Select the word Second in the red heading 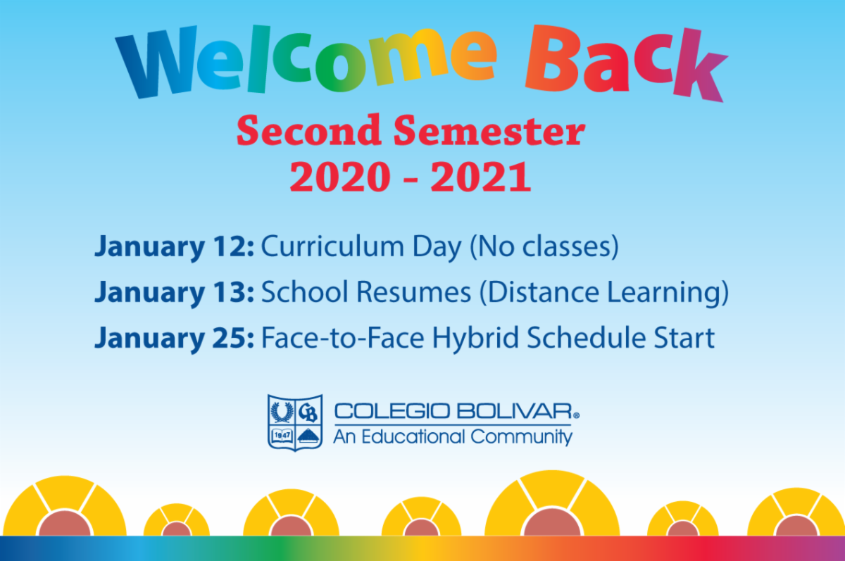tap(309, 130)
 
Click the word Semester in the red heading tap(489, 130)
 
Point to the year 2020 tap(340, 177)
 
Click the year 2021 tap(481, 177)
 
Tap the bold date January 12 tap(174, 247)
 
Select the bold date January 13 tap(174, 293)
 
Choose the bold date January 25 tap(174, 338)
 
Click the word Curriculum tap(332, 246)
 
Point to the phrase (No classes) tap(544, 247)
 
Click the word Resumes tap(413, 292)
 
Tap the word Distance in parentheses tap(539, 293)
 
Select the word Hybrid tap(475, 338)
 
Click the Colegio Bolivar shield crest tap(295, 422)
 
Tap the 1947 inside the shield tap(282, 436)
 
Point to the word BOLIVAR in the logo tap(515, 411)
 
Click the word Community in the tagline tap(522, 437)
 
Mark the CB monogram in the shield tap(308, 412)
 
